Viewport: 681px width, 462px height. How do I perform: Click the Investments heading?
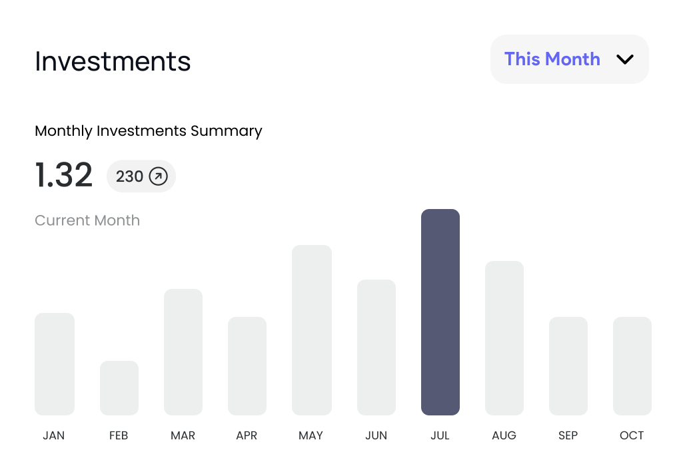point(113,62)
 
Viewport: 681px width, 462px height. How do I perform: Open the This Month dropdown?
point(569,59)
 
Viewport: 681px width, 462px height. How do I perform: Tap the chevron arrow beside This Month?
point(624,59)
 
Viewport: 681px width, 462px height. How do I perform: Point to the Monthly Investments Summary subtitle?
point(148,131)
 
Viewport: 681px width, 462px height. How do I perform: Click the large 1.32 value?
point(63,175)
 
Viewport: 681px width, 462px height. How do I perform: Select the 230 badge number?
point(129,176)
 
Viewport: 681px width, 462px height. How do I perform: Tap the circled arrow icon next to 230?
point(158,176)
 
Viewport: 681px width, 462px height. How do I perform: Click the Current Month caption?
point(87,220)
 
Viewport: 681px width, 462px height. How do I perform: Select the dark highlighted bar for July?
point(440,312)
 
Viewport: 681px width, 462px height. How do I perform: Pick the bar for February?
point(119,388)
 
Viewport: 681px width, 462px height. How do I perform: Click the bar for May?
point(311,330)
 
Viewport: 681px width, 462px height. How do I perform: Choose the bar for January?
point(54,364)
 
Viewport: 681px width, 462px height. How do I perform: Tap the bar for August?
point(504,338)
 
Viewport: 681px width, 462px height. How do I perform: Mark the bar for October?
point(632,366)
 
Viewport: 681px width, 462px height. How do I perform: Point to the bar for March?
point(183,352)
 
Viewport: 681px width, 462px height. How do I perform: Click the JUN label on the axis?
point(376,435)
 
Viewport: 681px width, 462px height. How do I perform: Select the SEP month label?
point(568,435)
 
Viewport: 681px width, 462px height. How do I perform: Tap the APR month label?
point(247,435)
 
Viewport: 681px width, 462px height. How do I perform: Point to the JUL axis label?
point(440,435)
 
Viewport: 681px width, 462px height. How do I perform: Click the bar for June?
point(376,347)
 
